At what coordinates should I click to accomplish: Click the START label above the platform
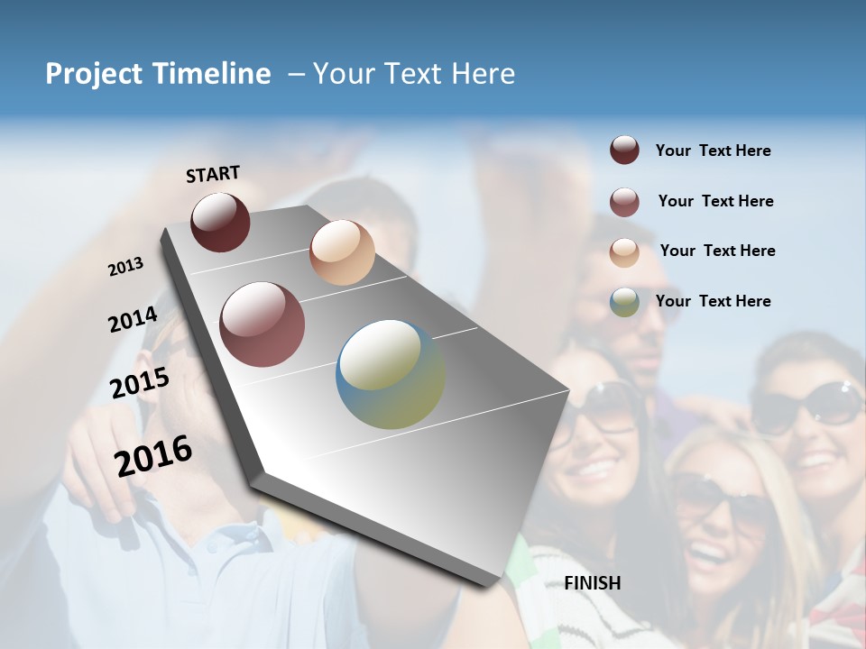pos(213,174)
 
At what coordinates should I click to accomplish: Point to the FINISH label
pos(593,583)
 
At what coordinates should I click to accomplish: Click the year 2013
pos(126,267)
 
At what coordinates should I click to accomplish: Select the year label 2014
pos(133,320)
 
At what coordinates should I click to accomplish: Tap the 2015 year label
pos(140,383)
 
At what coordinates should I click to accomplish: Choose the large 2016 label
pos(153,455)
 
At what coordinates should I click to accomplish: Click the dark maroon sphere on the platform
pos(220,222)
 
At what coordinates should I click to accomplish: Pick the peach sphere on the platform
pos(342,252)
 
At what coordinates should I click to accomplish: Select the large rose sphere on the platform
pos(263,324)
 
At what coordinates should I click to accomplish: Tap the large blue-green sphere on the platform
pos(391,374)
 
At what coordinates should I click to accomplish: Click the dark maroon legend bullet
pos(624,150)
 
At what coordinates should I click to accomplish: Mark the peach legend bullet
pos(624,251)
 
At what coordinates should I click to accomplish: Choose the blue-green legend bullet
pos(624,302)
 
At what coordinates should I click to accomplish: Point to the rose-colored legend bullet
pos(624,201)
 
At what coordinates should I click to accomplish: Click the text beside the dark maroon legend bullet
pos(713,151)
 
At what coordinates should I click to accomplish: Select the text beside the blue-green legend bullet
pos(713,301)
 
